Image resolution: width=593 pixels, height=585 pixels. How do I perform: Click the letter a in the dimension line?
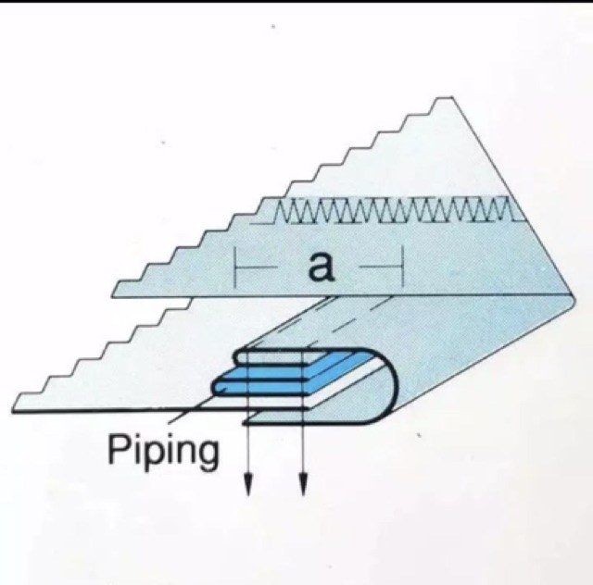[x=321, y=268]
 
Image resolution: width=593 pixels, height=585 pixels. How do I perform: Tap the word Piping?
[x=164, y=452]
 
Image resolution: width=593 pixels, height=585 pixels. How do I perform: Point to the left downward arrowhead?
[x=247, y=483]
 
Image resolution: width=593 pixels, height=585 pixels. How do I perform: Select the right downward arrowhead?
[x=304, y=483]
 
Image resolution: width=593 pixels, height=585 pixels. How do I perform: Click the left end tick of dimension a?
[x=236, y=269]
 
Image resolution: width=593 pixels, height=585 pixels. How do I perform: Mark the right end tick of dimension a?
[x=401, y=269]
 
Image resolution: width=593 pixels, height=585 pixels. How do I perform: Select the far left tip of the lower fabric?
[x=17, y=408]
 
